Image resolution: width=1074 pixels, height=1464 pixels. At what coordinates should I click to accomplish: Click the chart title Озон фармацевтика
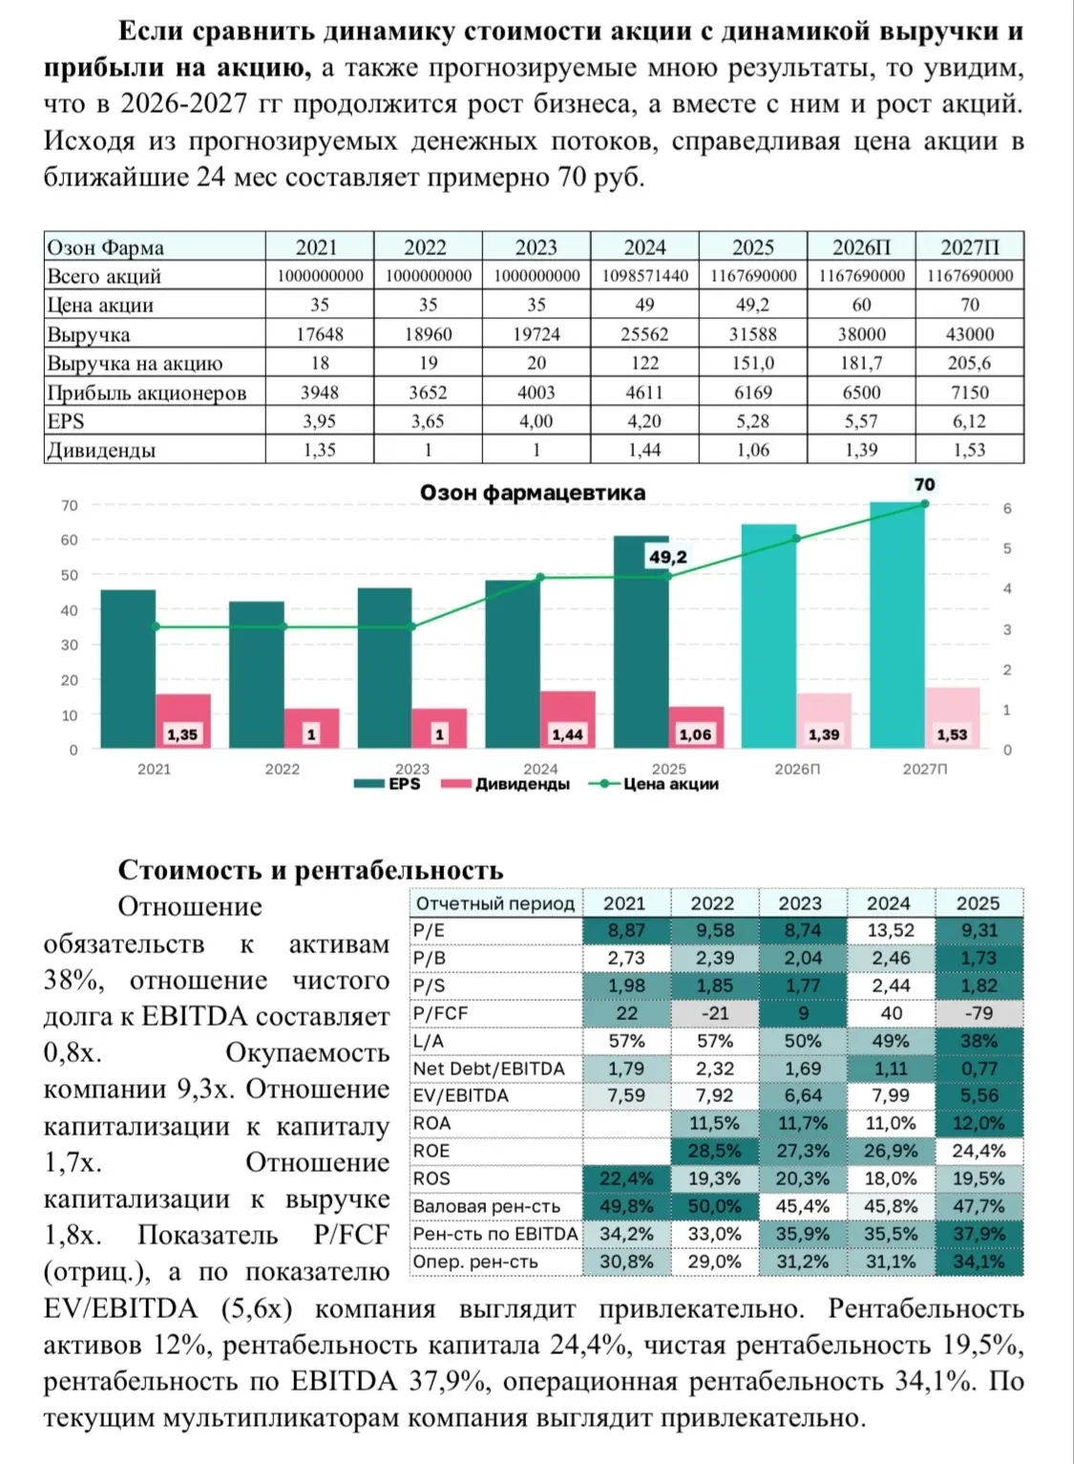coord(533,493)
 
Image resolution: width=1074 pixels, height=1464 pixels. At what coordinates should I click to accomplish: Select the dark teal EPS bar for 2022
coord(256,674)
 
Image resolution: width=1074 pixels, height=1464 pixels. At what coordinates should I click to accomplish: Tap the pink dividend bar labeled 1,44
coord(567,719)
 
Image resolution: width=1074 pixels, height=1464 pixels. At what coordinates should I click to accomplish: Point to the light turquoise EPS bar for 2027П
coord(897,626)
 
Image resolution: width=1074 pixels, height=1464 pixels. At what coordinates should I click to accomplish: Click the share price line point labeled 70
coord(924,503)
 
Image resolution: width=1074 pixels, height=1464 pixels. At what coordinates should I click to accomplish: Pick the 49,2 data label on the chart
coord(667,557)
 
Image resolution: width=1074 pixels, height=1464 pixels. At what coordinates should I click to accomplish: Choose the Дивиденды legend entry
coord(505,784)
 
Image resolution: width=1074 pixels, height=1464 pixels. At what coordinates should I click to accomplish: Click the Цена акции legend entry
coord(653,784)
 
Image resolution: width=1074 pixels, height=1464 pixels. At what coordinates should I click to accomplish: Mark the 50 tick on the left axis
coord(70,575)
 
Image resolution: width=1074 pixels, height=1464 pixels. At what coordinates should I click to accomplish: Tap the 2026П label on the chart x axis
coord(797,770)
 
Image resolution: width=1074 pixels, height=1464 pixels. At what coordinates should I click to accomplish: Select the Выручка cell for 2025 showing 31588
coord(752,334)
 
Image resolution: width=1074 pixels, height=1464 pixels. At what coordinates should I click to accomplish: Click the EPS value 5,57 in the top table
coord(861,421)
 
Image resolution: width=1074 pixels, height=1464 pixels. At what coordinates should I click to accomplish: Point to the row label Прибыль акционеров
coord(146,393)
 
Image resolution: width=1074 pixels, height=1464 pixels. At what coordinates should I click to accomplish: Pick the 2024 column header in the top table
coord(644,247)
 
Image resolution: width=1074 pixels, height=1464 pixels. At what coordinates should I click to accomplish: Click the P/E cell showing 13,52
coord(891,930)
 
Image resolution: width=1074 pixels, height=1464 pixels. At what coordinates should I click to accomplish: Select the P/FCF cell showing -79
coord(979,1013)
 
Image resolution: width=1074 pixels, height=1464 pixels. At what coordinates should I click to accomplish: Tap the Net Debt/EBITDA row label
coord(489,1069)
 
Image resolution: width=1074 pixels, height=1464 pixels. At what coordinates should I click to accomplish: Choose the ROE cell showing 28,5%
coord(715,1151)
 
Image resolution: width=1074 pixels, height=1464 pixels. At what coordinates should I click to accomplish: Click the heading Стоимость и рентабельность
coord(310,870)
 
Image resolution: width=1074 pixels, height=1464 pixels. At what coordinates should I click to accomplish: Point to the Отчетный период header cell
coord(495,903)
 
